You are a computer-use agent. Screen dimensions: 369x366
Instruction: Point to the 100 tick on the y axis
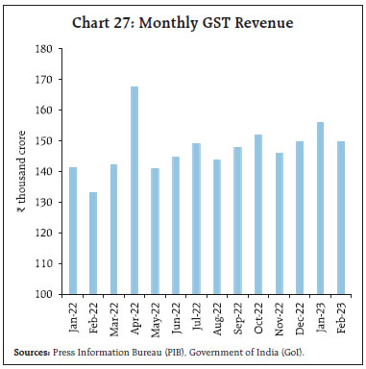(45, 294)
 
